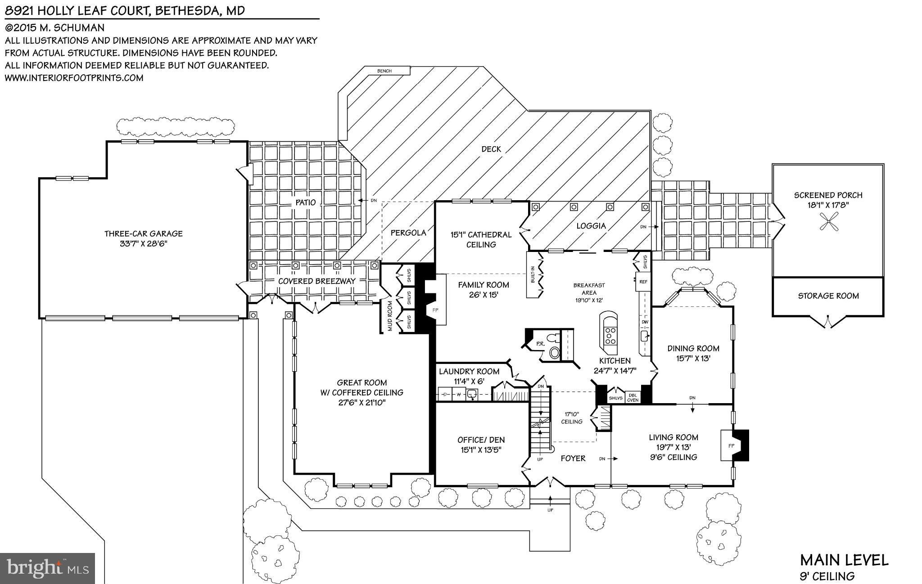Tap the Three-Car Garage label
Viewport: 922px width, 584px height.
coord(143,234)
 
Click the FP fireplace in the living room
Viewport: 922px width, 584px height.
coord(731,445)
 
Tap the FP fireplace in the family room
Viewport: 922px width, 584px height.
coord(434,310)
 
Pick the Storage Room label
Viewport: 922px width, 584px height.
coord(828,296)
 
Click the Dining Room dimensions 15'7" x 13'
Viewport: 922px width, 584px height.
coord(693,359)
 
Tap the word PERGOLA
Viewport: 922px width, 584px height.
coord(408,233)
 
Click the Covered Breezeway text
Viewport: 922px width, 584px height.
coord(316,281)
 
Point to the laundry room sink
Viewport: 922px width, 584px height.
coord(472,395)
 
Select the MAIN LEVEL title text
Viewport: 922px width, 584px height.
coord(844,561)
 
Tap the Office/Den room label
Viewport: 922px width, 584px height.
coord(481,440)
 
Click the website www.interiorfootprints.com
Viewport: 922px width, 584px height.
coord(74,78)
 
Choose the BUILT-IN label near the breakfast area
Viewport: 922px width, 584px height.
coord(533,275)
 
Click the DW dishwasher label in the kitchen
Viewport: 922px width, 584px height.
coord(644,322)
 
